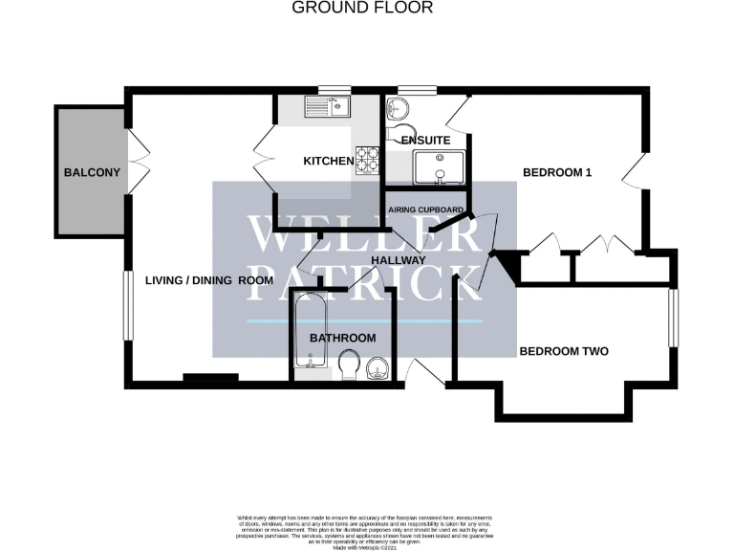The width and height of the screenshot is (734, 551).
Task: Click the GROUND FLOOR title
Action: click(362, 8)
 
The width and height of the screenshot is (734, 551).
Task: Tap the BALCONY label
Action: click(92, 173)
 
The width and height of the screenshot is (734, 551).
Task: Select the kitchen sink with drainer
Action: click(328, 106)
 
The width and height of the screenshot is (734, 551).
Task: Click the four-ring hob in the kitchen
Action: click(367, 159)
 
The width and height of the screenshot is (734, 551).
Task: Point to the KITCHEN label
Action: click(328, 161)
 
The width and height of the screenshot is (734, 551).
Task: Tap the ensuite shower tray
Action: click(439, 167)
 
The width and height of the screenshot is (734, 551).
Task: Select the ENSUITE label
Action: click(425, 141)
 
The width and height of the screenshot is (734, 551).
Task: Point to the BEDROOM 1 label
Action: click(558, 173)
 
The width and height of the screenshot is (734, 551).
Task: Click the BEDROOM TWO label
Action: click(564, 351)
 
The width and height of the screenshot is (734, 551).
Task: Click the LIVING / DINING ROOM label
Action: click(209, 280)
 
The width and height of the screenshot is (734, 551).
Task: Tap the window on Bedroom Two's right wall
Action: click(673, 318)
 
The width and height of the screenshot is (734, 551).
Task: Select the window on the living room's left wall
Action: click(125, 305)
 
